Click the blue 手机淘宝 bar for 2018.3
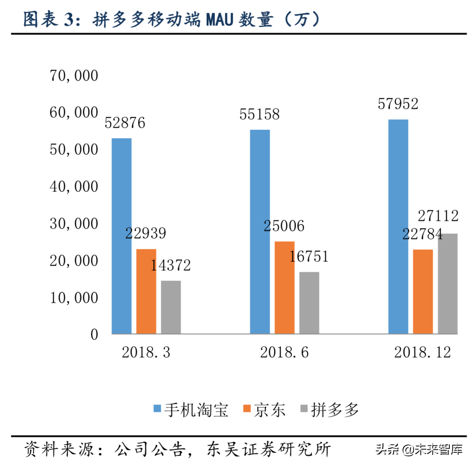122,236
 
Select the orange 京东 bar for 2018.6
284,287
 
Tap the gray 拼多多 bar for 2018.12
447,284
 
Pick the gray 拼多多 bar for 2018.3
171,307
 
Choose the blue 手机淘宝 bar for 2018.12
398,226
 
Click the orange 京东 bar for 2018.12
423,291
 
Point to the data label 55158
259,114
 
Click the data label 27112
438,216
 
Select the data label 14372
170,265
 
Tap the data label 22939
146,233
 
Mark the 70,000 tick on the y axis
74,76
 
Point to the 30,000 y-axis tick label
74,224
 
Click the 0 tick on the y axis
94,335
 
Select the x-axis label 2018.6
284,352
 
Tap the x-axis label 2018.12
422,352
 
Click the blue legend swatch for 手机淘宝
157,408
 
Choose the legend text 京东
269,410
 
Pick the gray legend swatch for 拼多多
304,408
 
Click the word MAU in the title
219,19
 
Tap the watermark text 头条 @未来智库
419,449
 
